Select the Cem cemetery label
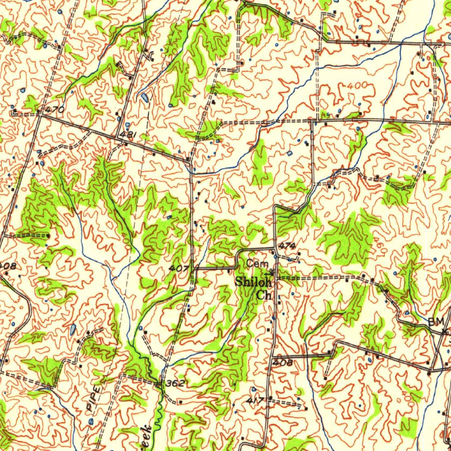pos(255,264)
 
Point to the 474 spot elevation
pos(287,245)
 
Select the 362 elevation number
pos(175,384)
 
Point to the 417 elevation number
pos(255,400)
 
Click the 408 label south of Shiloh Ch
pos(282,362)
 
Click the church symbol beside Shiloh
pos(272,272)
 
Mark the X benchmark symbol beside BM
pos(444,331)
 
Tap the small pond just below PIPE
pos(91,421)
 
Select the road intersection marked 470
pos(40,113)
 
